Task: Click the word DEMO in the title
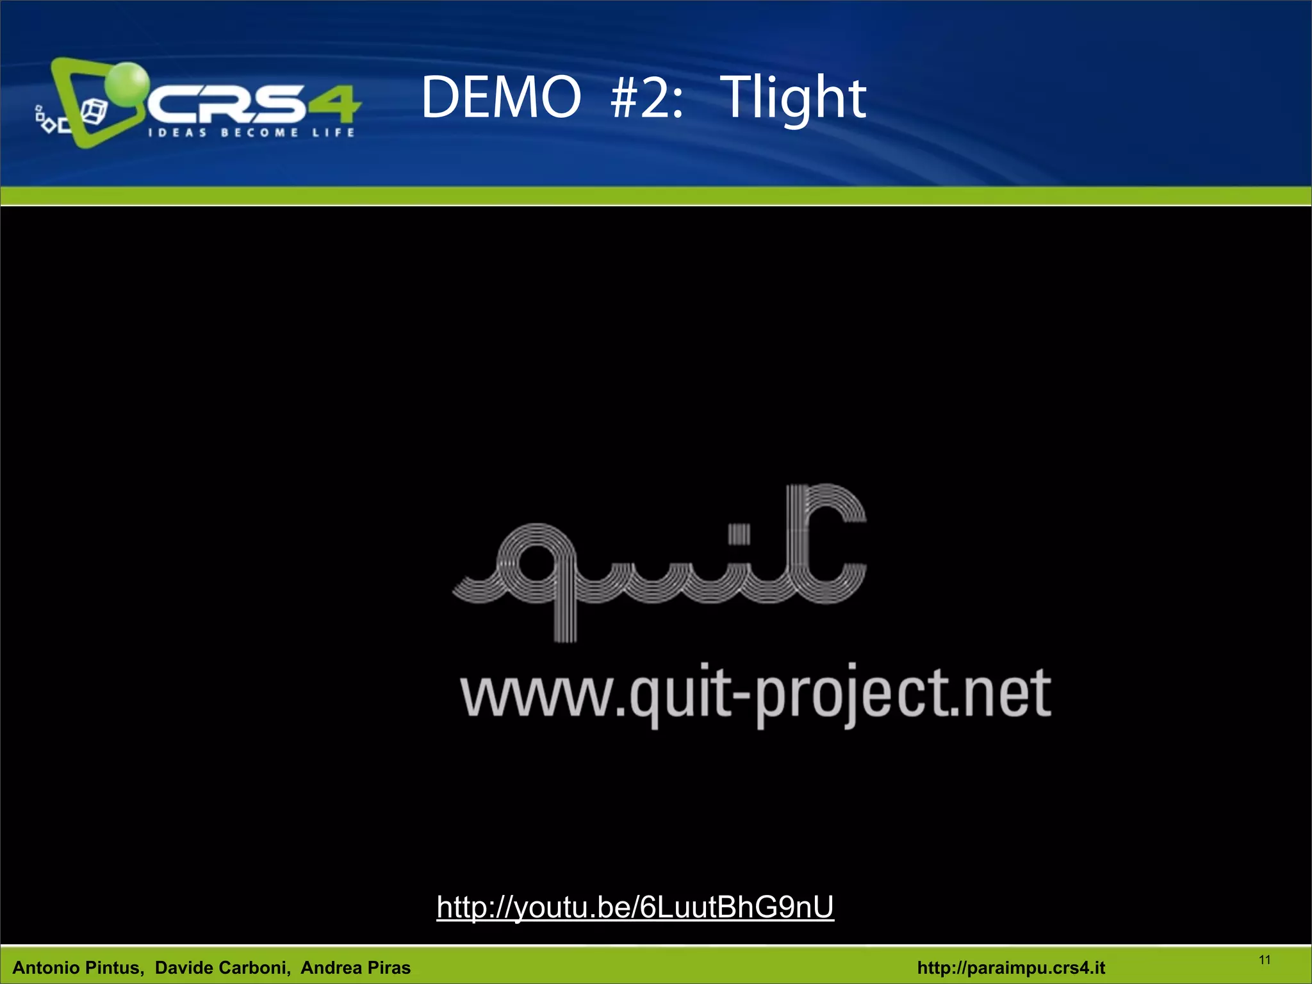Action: point(500,97)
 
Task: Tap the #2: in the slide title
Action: point(647,97)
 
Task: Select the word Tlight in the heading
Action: point(793,99)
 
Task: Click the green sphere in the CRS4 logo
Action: point(126,83)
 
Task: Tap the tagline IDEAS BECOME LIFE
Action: point(251,133)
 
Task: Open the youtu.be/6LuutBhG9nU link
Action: point(635,907)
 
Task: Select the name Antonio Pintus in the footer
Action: point(78,967)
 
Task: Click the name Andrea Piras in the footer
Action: point(356,967)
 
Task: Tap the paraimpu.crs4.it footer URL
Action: point(1011,967)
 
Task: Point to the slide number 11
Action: point(1265,960)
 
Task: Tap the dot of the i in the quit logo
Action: point(739,534)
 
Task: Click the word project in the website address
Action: point(849,695)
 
